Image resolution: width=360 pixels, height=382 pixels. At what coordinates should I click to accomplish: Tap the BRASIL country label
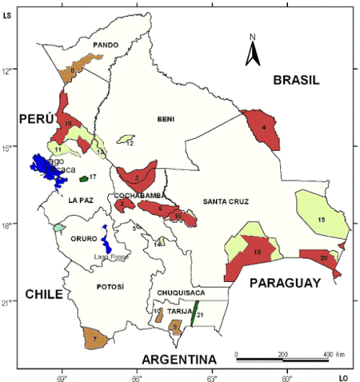coord(295,81)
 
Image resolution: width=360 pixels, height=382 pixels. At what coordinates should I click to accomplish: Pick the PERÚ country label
coord(37,118)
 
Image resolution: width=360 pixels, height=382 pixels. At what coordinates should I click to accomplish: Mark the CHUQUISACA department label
coord(181,293)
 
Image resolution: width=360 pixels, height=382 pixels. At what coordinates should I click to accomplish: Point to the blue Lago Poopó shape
coord(105,237)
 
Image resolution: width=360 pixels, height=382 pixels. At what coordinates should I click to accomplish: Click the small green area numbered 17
coord(84,177)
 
